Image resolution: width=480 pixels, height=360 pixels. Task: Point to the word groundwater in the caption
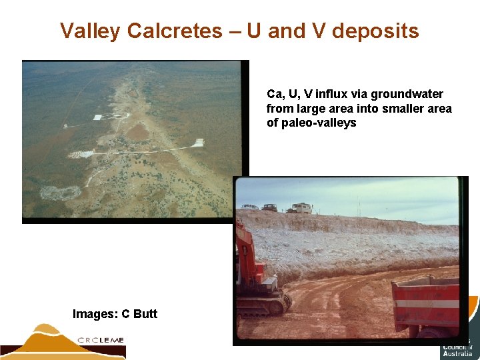point(407,94)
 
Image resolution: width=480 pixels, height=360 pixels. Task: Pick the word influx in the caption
point(341,94)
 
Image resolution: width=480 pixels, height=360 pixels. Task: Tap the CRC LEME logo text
point(101,340)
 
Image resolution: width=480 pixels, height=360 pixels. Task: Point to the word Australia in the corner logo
point(457,354)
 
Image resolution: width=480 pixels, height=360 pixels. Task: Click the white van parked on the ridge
point(302,208)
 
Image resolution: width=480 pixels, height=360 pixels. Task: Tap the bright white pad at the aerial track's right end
point(197,142)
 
